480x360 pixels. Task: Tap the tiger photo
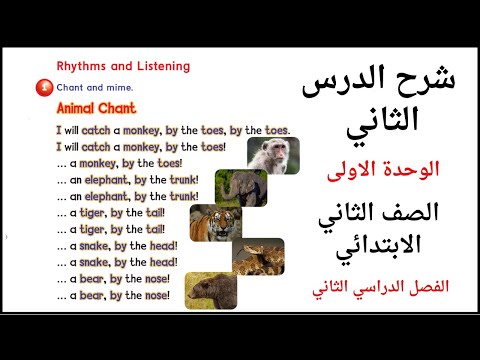pos(214,223)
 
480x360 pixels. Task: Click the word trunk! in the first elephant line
pos(182,180)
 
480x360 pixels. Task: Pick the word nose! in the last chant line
pos(156,295)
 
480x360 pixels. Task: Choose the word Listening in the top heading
pos(160,66)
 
